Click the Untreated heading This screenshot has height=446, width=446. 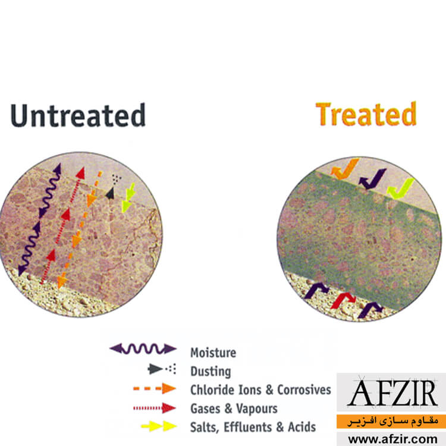click(78, 115)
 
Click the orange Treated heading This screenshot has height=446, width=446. click(366, 114)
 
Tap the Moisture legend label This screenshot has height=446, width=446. click(213, 353)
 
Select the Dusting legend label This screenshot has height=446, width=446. click(211, 371)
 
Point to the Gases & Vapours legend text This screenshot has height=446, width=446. click(234, 409)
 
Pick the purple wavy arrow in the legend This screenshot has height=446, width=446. click(143, 348)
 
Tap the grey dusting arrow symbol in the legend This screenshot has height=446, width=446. click(162, 369)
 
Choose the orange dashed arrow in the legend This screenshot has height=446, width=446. click(155, 388)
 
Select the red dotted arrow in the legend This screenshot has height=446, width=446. click(155, 408)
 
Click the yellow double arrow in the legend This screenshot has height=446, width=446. click(159, 426)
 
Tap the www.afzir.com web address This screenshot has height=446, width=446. click(393, 439)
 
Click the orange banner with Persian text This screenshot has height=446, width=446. click(391, 421)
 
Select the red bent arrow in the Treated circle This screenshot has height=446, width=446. click(343, 300)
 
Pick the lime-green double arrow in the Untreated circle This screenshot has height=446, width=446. click(128, 198)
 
